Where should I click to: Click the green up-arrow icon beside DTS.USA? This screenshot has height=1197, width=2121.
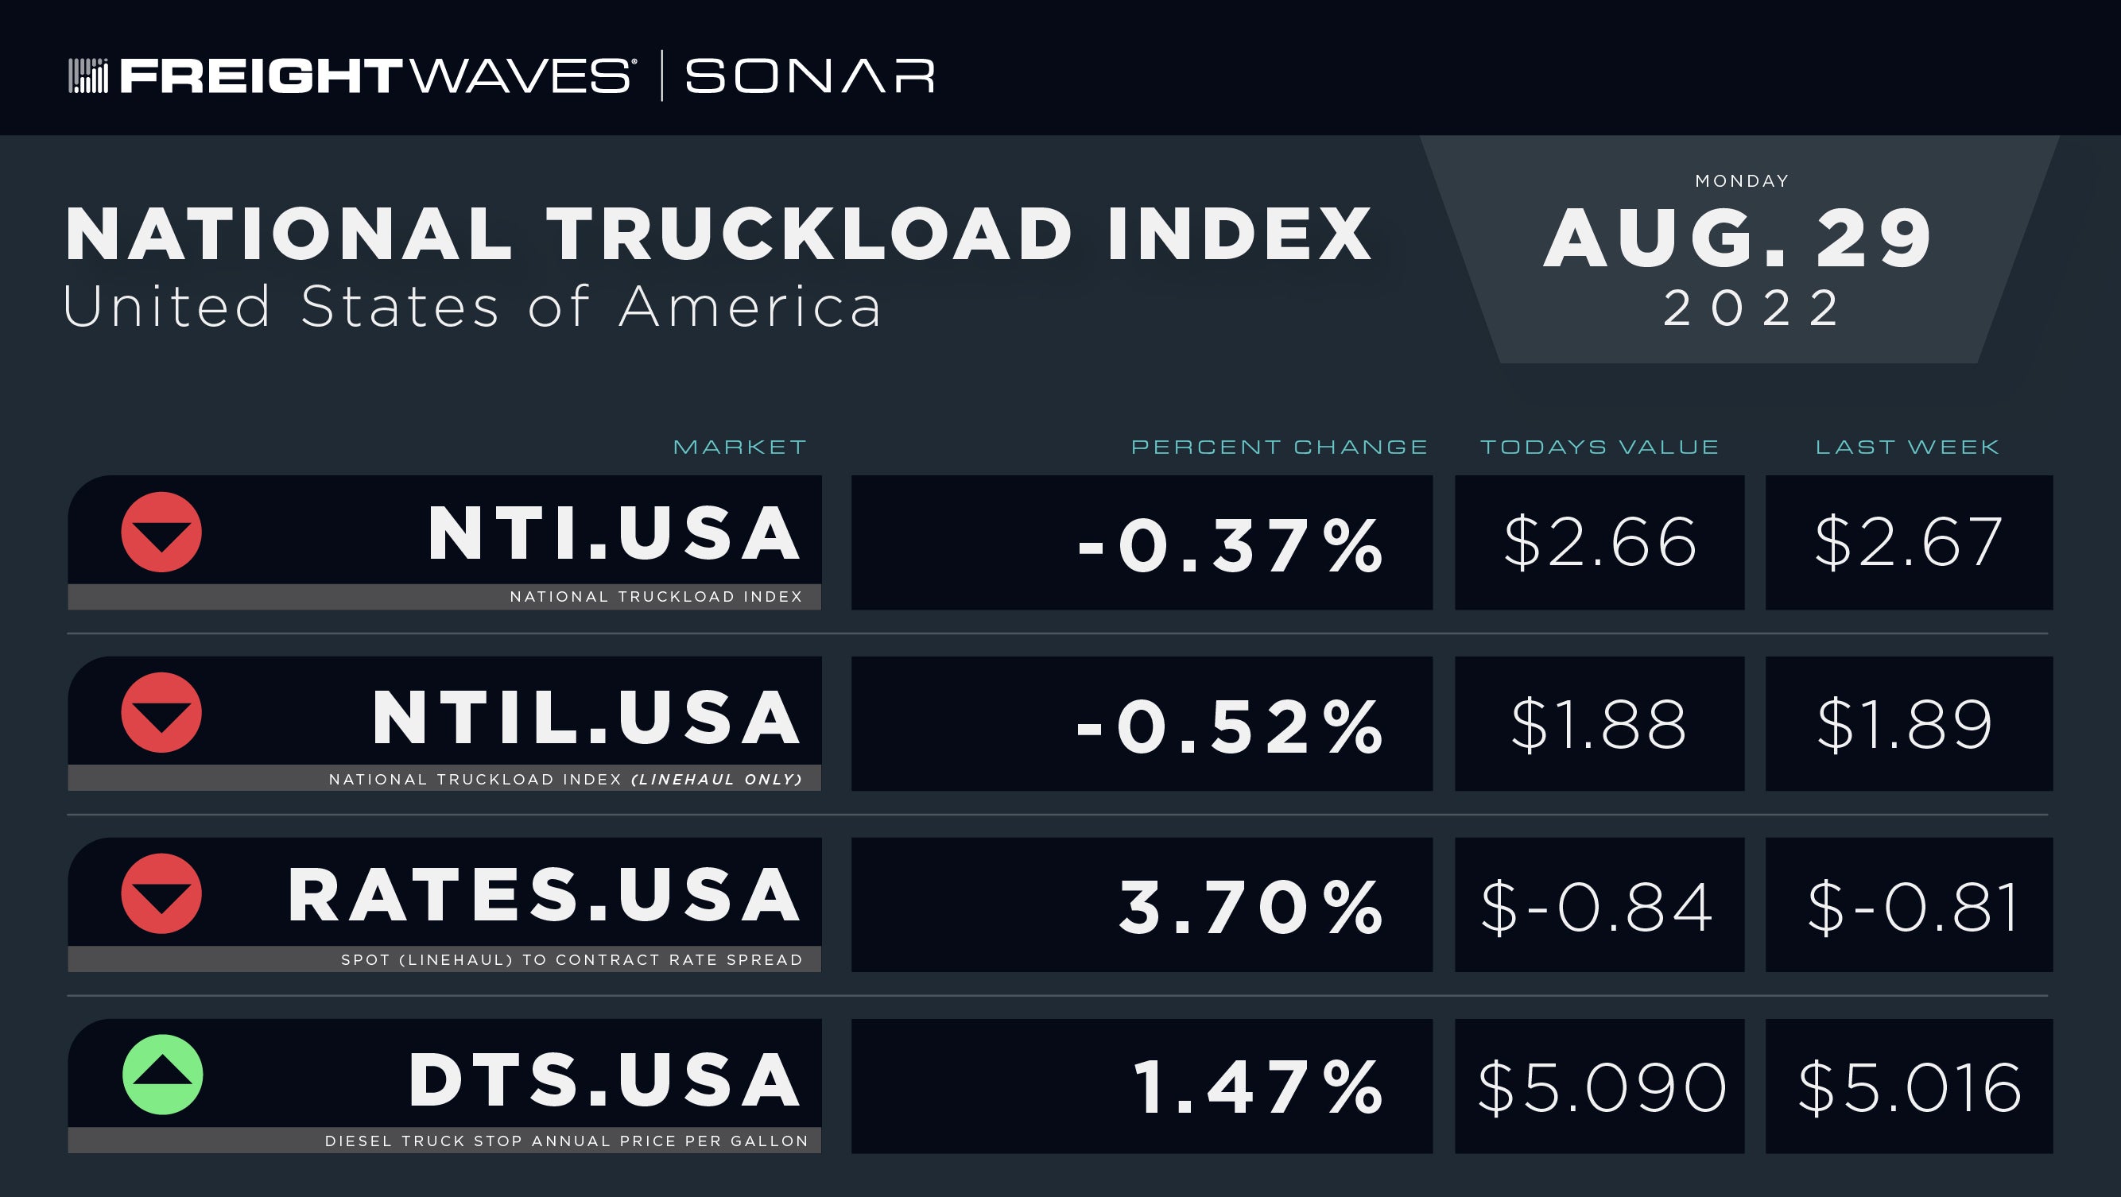[162, 1075]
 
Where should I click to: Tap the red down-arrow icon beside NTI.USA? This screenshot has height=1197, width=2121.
[161, 532]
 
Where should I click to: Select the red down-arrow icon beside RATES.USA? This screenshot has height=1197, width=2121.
[161, 893]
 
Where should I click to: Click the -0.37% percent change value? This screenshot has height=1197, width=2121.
[1230, 544]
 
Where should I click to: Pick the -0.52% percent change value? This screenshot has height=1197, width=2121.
[1230, 726]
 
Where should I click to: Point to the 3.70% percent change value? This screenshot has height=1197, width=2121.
[1250, 906]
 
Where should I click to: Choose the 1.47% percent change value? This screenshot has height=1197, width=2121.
[1258, 1087]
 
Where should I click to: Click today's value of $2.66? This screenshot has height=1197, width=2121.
[1599, 543]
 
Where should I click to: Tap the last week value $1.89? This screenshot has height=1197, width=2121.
[1906, 724]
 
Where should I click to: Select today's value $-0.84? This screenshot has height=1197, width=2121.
[1597, 906]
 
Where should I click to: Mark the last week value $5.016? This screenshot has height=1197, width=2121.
[1910, 1087]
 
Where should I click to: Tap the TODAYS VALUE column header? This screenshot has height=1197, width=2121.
[1599, 447]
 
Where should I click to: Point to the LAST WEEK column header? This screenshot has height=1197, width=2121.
[1907, 447]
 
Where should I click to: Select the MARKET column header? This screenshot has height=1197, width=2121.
[739, 447]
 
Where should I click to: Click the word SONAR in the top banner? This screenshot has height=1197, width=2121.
[809, 76]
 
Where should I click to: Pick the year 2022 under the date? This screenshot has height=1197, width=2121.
[1751, 308]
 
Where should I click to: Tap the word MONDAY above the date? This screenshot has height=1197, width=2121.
[1743, 180]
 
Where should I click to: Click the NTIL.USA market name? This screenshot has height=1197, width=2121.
[586, 718]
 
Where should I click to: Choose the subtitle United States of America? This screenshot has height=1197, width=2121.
[471, 306]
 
